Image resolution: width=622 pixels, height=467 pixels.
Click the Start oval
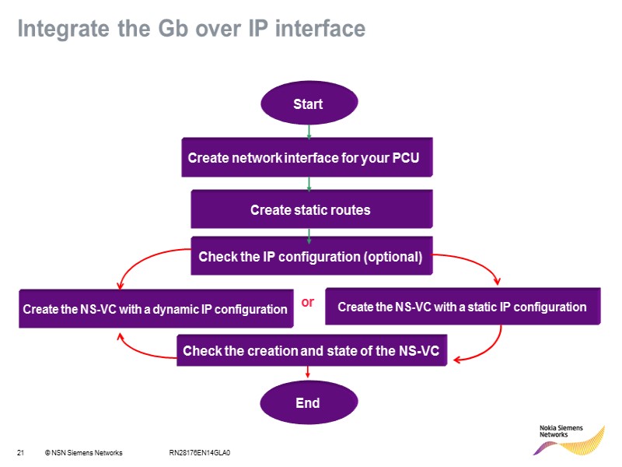(309, 104)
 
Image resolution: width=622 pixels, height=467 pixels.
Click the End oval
(309, 402)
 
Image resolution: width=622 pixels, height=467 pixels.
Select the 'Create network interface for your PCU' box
(306, 158)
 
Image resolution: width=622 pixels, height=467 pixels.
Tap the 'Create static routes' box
(310, 209)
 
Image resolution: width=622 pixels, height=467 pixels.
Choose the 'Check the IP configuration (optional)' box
(310, 256)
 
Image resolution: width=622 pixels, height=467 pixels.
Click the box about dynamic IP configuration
(155, 309)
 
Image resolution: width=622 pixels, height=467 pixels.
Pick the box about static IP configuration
(462, 307)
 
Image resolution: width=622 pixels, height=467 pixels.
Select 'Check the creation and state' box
(311, 352)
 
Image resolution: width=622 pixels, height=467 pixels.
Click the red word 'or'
(308, 302)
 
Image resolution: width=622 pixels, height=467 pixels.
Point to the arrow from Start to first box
(309, 131)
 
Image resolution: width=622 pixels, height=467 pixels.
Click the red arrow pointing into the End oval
(309, 375)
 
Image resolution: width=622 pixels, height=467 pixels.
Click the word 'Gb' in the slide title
(158, 29)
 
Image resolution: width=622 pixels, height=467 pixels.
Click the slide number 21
(20, 452)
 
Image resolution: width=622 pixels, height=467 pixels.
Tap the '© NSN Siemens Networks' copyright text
(83, 452)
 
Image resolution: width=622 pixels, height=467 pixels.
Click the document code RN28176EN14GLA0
(200, 452)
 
